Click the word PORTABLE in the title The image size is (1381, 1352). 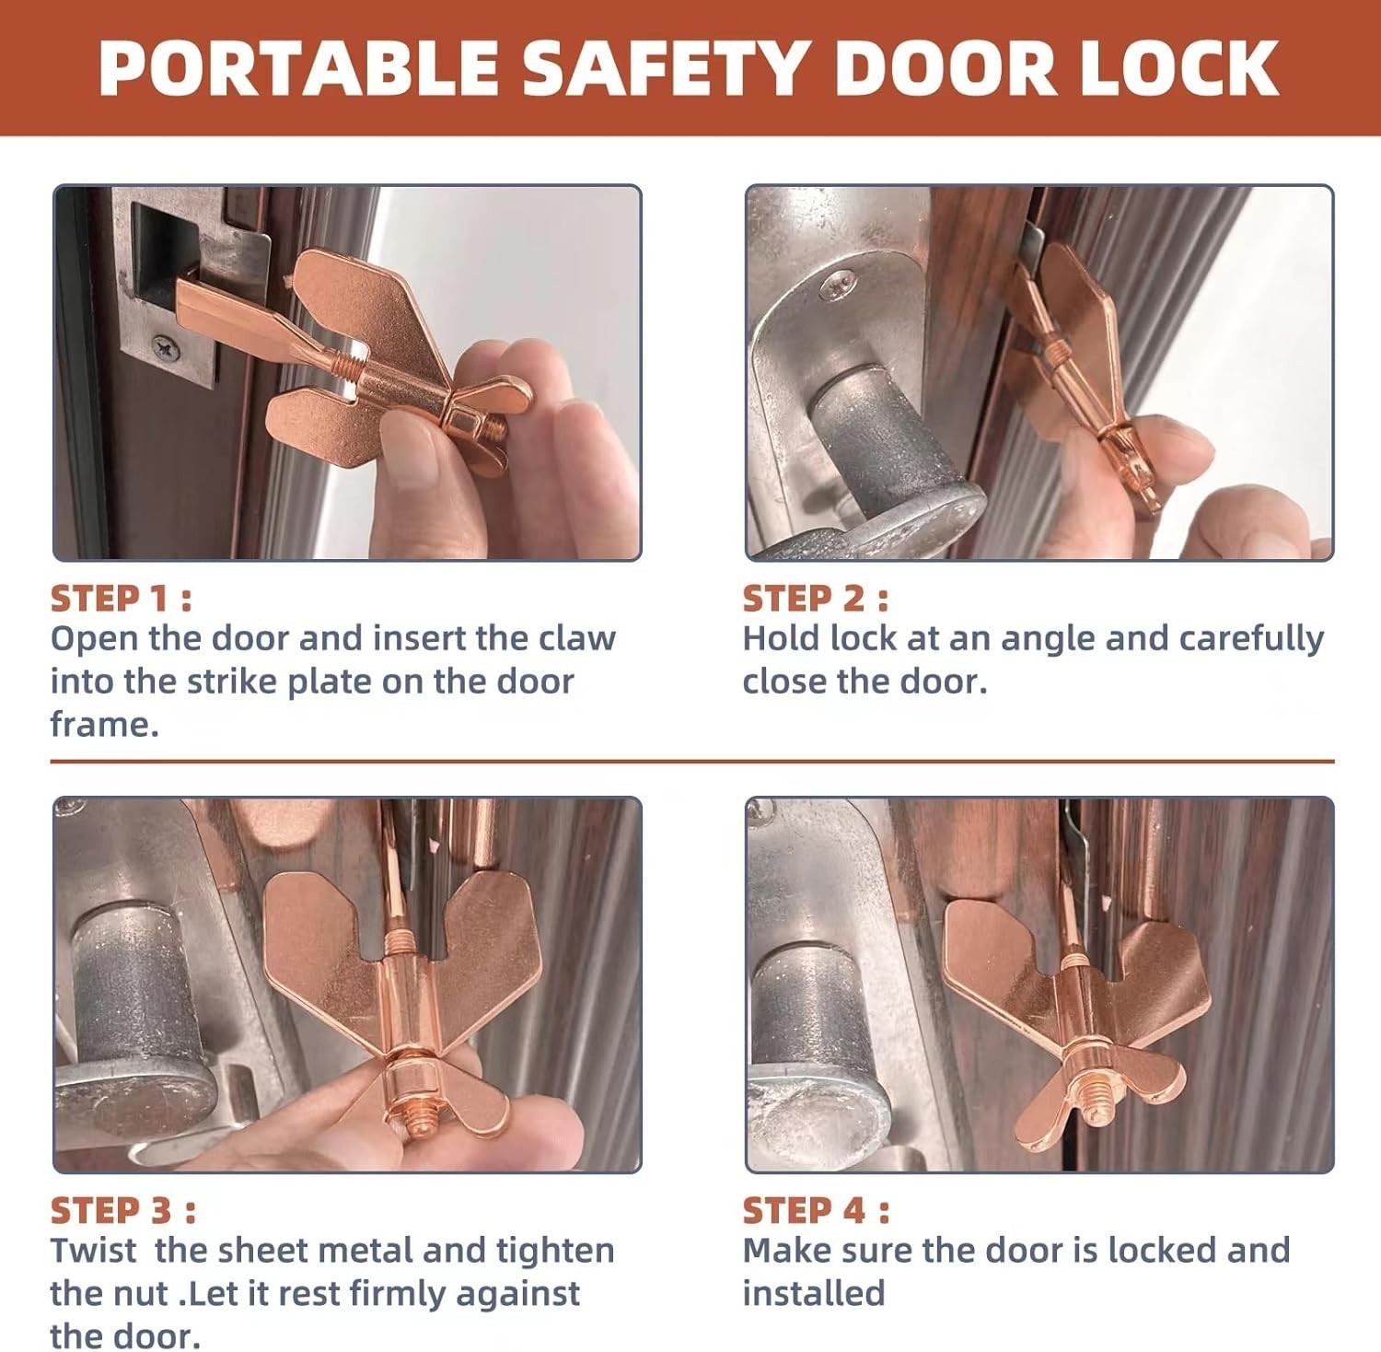(299, 68)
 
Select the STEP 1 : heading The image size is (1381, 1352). (121, 599)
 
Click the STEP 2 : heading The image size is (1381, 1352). (815, 599)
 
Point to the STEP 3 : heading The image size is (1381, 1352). (122, 1210)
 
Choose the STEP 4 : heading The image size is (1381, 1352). (816, 1210)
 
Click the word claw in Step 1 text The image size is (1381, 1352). (577, 638)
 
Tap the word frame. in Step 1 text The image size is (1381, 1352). (104, 724)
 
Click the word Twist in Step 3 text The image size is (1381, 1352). (93, 1251)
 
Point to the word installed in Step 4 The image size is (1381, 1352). (813, 1293)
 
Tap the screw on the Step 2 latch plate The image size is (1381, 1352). (839, 282)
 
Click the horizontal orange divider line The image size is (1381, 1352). (690, 762)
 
